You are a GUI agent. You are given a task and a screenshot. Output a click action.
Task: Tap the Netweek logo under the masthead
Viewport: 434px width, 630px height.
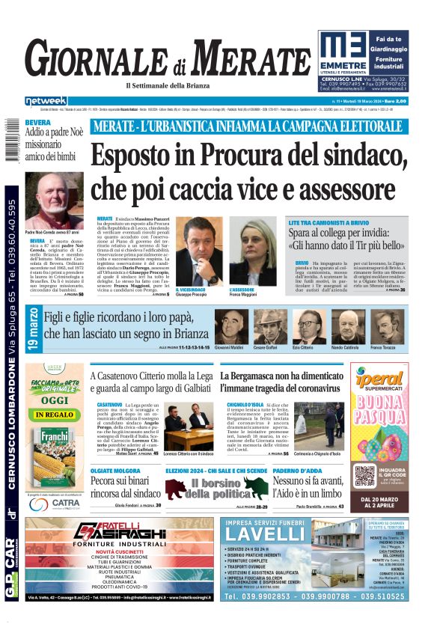[x=46, y=101]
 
